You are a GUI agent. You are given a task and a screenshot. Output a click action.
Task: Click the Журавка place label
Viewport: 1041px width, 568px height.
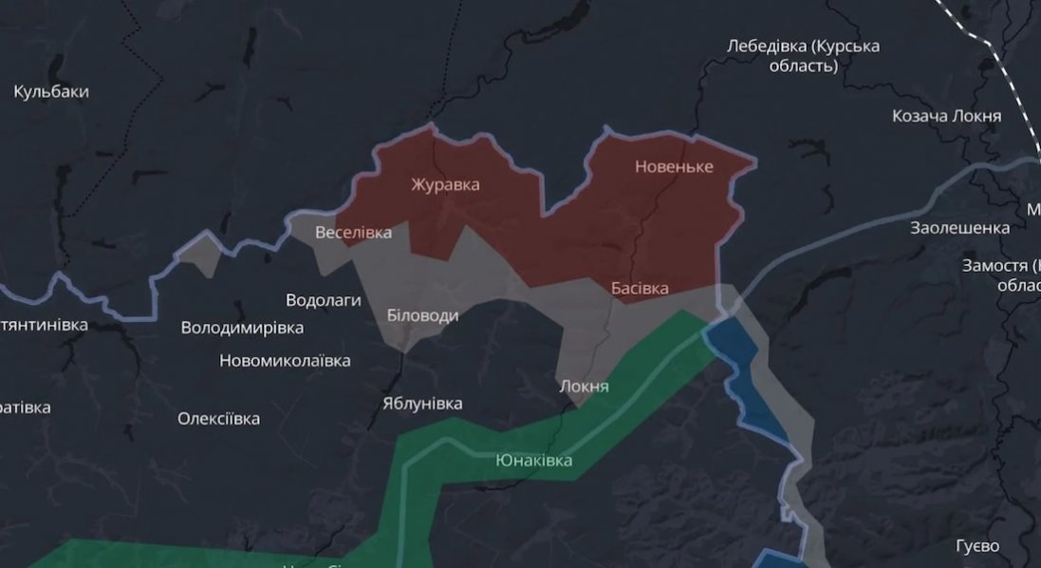[x=445, y=184]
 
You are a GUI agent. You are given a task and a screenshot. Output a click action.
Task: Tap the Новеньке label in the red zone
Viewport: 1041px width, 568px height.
[x=674, y=167]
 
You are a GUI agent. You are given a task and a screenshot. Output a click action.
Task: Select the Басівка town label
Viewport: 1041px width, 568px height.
[x=640, y=288]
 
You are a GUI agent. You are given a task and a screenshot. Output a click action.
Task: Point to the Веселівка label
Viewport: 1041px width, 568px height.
[x=353, y=233]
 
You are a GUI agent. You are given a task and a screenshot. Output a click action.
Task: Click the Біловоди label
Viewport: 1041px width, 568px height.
[x=423, y=315]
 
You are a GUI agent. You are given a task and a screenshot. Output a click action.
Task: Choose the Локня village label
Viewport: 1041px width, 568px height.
[x=585, y=387]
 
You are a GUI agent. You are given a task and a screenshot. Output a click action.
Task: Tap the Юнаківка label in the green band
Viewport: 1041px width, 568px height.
[x=534, y=461]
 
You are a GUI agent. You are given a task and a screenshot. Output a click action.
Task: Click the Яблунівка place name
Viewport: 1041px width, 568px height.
[x=422, y=403]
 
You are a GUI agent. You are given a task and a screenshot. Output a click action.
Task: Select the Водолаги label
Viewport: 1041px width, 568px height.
[x=324, y=300]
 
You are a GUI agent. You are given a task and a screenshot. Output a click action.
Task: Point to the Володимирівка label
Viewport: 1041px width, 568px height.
[x=242, y=328]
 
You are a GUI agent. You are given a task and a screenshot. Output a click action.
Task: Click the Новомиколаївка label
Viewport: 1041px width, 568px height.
[x=285, y=361]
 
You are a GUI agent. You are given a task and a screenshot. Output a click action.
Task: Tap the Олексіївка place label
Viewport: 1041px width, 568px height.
[x=218, y=418]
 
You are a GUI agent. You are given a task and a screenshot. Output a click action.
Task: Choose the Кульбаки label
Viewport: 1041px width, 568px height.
[x=51, y=92]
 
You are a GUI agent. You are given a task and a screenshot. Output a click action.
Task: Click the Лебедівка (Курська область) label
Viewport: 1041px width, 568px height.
[x=803, y=55]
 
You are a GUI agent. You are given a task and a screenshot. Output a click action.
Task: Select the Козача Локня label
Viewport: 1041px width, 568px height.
[x=946, y=116]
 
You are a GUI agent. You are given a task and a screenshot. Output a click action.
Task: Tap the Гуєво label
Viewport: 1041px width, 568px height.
[x=977, y=546]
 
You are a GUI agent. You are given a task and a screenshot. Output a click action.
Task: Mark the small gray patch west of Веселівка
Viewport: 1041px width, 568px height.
[x=199, y=255]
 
